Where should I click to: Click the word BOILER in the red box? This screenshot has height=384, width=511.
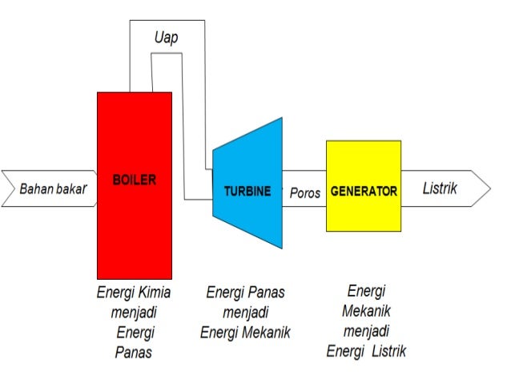point(135,180)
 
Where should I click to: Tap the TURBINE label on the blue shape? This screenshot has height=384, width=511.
point(247,192)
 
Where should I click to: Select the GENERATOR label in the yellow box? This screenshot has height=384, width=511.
point(363,192)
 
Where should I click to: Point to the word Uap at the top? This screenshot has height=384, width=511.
point(167,37)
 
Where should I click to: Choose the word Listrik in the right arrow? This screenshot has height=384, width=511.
point(440,189)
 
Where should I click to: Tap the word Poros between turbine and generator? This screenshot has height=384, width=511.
point(304,193)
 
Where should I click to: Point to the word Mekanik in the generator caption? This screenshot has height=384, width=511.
point(366,310)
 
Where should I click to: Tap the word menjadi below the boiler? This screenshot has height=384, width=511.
point(134,312)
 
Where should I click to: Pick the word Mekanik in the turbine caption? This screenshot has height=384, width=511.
point(265,332)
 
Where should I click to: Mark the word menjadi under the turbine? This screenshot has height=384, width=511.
point(245,312)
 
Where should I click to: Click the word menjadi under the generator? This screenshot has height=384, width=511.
point(366,330)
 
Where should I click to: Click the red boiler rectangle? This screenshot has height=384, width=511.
point(135,232)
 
